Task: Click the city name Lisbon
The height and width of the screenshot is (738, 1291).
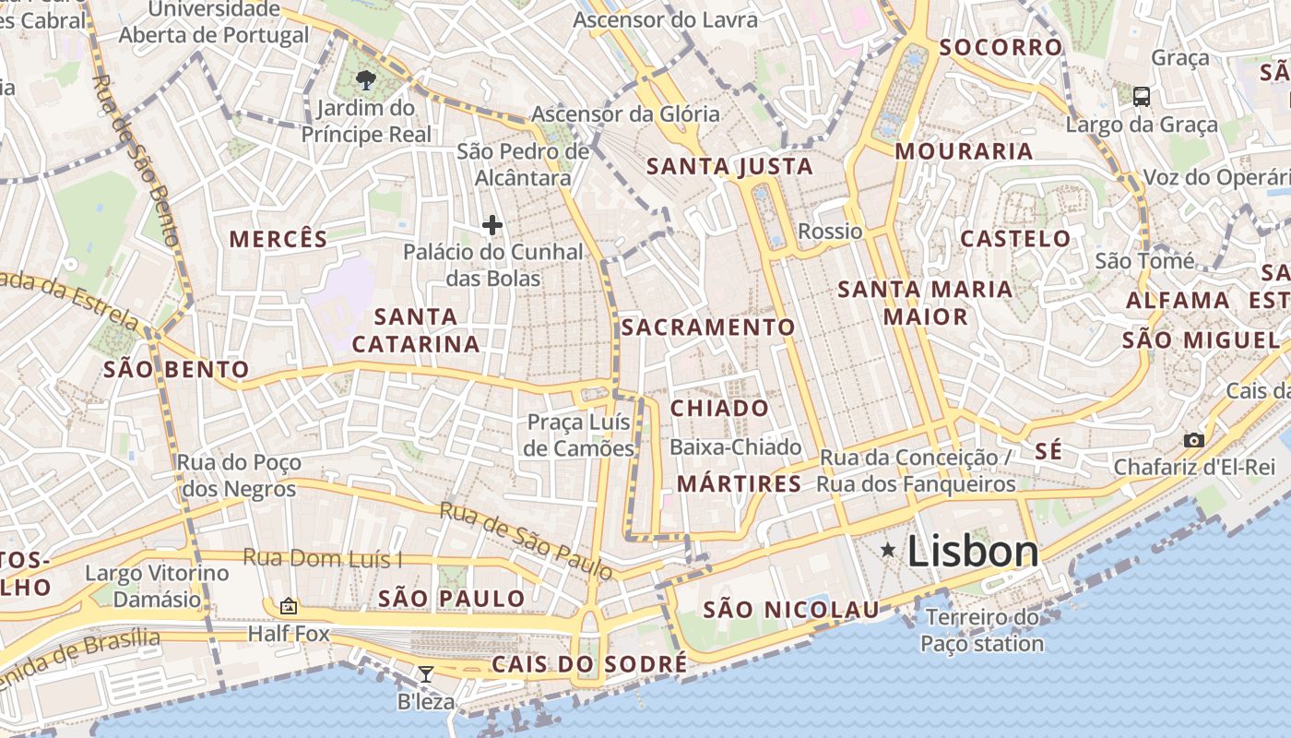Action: click(x=973, y=552)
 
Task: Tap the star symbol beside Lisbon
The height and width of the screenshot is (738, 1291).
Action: click(x=888, y=551)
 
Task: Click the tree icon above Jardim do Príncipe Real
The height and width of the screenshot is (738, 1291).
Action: click(x=366, y=79)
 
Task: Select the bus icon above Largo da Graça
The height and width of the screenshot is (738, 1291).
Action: click(x=1141, y=96)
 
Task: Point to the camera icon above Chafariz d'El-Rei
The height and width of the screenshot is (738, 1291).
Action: click(x=1194, y=440)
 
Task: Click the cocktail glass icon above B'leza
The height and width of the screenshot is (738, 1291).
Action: click(x=425, y=674)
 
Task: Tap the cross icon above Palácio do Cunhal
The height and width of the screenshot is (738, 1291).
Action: click(x=492, y=224)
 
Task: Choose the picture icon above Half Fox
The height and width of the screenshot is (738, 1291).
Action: click(x=289, y=606)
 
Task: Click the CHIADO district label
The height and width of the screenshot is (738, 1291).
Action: click(x=719, y=408)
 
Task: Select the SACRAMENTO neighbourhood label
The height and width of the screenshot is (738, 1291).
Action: click(x=707, y=327)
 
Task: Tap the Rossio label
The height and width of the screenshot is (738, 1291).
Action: click(x=830, y=231)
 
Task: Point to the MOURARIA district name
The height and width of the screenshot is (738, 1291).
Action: click(x=964, y=151)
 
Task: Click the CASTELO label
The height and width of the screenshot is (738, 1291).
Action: click(x=1015, y=239)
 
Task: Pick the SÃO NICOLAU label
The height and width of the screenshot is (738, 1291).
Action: click(x=791, y=610)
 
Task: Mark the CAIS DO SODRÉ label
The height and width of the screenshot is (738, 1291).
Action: click(x=588, y=664)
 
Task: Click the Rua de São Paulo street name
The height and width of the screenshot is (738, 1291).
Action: click(x=526, y=541)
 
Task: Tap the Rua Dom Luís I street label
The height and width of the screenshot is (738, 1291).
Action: click(x=323, y=558)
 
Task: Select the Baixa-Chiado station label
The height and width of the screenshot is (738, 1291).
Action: click(x=736, y=447)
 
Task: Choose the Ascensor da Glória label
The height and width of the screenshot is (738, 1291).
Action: click(x=625, y=114)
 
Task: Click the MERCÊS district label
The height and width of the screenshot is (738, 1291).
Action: click(x=278, y=239)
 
